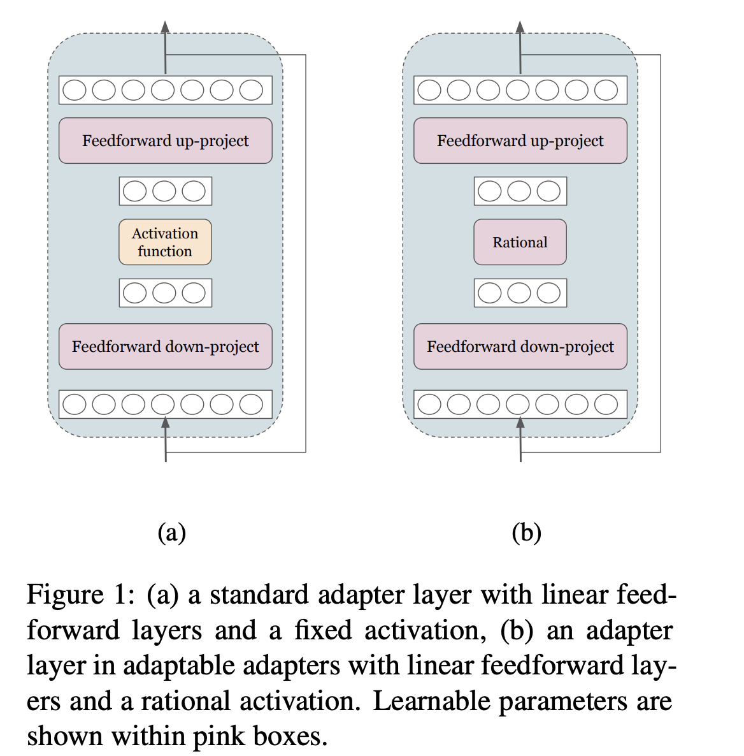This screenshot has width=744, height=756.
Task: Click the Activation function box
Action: pyautogui.click(x=165, y=242)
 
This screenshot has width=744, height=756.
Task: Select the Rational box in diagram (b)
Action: pyautogui.click(x=520, y=242)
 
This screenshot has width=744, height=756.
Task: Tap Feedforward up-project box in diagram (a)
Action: pyautogui.click(x=166, y=141)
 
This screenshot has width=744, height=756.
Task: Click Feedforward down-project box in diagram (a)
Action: pyautogui.click(x=166, y=347)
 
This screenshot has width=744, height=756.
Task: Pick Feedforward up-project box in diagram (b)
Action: pyautogui.click(x=520, y=141)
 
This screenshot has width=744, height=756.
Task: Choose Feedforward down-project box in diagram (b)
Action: pyautogui.click(x=520, y=347)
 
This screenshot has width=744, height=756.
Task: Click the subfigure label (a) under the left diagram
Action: pyautogui.click(x=171, y=532)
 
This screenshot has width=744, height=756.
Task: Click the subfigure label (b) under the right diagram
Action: pyautogui.click(x=526, y=532)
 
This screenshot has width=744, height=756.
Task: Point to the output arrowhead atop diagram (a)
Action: pyautogui.click(x=166, y=27)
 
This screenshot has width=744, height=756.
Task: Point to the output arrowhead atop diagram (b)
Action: pyautogui.click(x=520, y=27)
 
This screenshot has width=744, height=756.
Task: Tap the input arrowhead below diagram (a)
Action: pyautogui.click(x=166, y=422)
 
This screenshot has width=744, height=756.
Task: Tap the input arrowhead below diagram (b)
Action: pyautogui.click(x=520, y=422)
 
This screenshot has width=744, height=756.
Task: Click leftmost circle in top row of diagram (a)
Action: pyautogui.click(x=75, y=90)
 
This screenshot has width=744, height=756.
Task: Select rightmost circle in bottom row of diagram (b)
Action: pyautogui.click(x=606, y=404)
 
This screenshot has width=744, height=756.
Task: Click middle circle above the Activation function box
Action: pyautogui.click(x=164, y=191)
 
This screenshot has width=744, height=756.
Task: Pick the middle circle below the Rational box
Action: pyautogui.click(x=519, y=293)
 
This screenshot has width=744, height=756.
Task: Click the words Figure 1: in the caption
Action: pyautogui.click(x=80, y=595)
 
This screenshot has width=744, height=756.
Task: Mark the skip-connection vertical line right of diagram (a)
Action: pyautogui.click(x=306, y=255)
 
